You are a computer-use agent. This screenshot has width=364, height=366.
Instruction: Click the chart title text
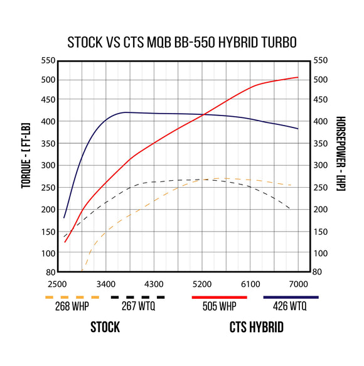[x=182, y=42]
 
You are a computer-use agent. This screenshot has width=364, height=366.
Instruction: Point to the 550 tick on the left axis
[x=46, y=61]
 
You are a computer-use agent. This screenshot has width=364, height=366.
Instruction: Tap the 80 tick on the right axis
[x=318, y=272]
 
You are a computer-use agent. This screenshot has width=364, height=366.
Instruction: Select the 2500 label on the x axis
[x=57, y=284]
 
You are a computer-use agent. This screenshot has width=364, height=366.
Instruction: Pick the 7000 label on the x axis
[x=299, y=284]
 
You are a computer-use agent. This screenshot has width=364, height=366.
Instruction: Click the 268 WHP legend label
[x=72, y=308]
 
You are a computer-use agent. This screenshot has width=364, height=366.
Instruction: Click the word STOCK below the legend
[x=105, y=327]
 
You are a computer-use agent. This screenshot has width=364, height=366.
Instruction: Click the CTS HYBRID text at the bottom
[x=255, y=327]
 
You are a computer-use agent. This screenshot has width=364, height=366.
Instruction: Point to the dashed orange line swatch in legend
[x=72, y=296]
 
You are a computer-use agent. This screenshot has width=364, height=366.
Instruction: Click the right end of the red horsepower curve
[x=297, y=77]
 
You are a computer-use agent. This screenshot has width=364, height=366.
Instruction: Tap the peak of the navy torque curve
[x=126, y=112]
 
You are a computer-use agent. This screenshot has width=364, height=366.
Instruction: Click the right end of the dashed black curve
[x=289, y=208]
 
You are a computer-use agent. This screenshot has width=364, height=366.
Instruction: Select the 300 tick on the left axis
[x=46, y=165]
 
